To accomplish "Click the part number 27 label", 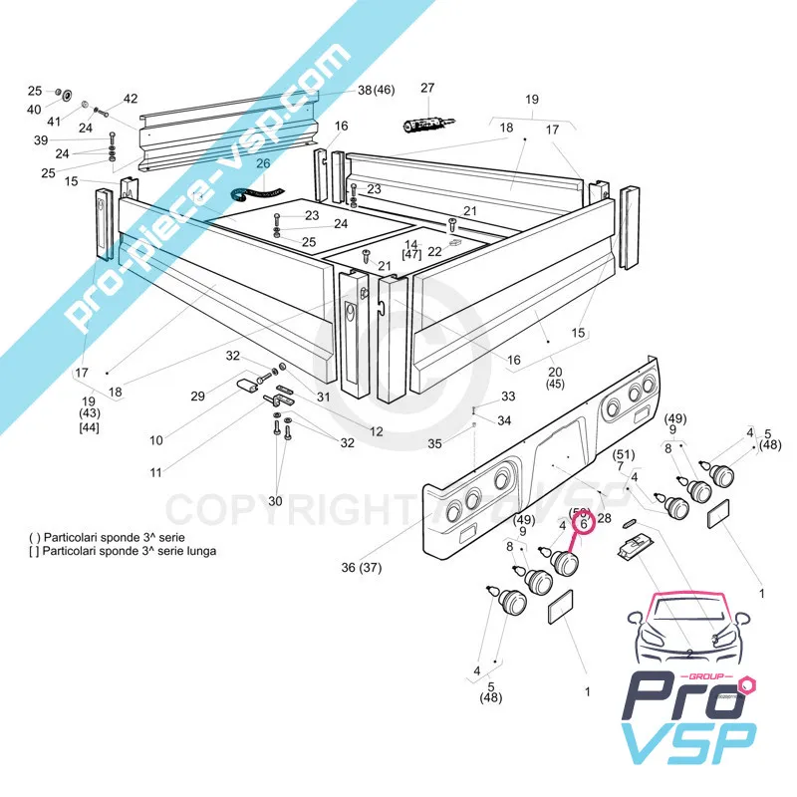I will pos(427,89).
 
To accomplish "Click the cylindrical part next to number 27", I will pos(421,124).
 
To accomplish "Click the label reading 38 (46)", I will pos(377,90).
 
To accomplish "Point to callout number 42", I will pos(131,99).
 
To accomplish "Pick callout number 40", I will pos(35,109).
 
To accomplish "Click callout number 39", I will pos(41,140).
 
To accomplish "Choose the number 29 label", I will pos(198,397).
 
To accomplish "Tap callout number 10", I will pos(156,439).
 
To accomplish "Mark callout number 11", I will pos(156,472).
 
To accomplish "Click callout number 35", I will pos(433,442).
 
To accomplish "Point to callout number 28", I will pos(604,518).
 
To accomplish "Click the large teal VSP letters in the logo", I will pos(687,742).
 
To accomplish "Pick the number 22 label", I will pos(434,251).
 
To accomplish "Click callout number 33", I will pos(508,397).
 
